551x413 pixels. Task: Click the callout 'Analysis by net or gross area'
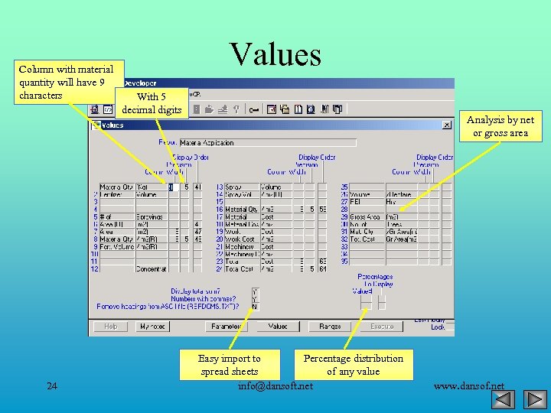500,126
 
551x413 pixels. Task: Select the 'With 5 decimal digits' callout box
152,103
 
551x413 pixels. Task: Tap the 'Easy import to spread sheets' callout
229,364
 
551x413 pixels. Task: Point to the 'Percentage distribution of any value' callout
353,364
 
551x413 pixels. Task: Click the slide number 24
52,385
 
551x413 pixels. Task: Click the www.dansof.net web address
468,386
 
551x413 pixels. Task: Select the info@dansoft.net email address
275,385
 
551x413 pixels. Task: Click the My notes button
153,327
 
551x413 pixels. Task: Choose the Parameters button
226,327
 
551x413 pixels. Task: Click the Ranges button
330,327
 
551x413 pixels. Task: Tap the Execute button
382,327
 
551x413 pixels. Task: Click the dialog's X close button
447,125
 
